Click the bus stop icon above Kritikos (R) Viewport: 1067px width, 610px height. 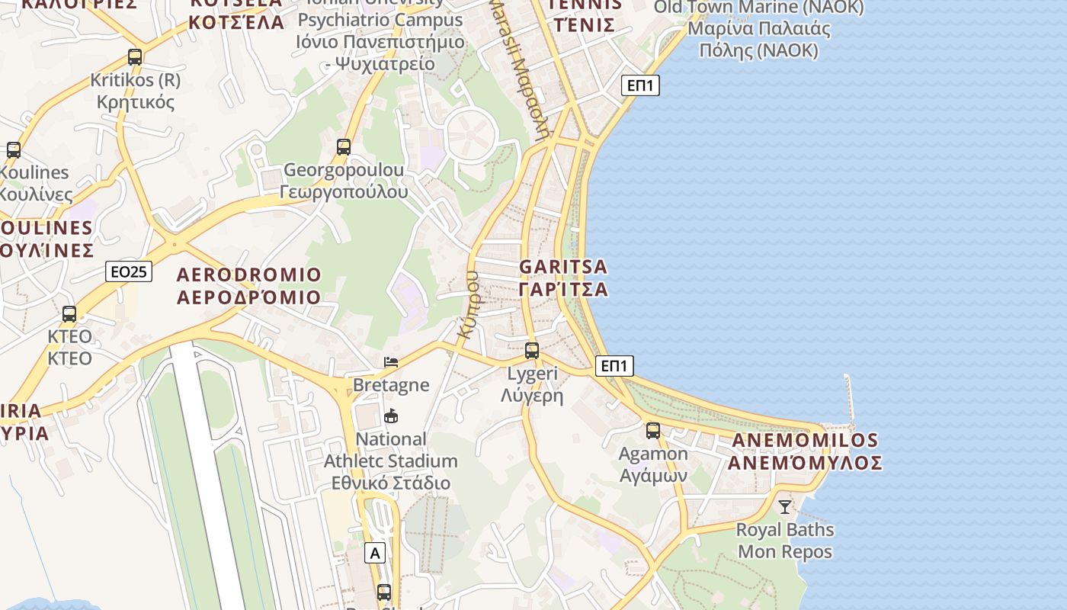[135, 56]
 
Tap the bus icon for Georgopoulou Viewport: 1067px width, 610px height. [344, 146]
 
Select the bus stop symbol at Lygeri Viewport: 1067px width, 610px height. [532, 351]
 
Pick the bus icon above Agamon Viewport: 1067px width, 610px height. [653, 430]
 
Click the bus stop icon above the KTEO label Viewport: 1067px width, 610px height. [69, 313]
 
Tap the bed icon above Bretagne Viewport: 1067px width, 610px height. [391, 361]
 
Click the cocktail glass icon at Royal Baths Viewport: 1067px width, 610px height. [785, 506]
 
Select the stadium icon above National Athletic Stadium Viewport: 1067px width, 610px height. [391, 416]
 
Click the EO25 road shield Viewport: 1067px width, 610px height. [129, 271]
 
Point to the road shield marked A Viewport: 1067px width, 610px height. [374, 553]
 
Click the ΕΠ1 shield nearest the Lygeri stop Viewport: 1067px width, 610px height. [614, 366]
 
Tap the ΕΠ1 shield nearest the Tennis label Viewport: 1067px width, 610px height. [640, 85]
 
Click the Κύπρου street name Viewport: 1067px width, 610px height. [468, 305]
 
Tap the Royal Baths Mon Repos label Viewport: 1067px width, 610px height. [785, 541]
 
